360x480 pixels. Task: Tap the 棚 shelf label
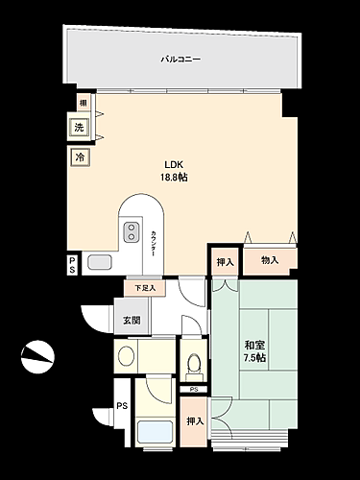[x=83, y=104]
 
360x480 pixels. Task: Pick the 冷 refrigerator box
[x=77, y=156]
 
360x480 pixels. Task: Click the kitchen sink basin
[x=99, y=262]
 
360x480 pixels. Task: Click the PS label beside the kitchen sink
[x=72, y=265]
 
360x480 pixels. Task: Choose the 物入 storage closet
[x=269, y=259]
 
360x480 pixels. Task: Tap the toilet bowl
[x=193, y=363]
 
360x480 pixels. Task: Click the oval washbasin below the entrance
[x=126, y=357]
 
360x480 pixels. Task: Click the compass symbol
[x=38, y=357]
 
